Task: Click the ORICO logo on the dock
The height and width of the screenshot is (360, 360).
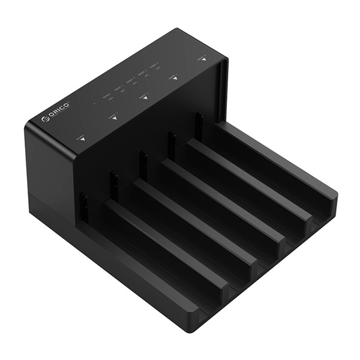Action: point(57,113)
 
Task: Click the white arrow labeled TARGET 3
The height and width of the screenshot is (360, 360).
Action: point(175,77)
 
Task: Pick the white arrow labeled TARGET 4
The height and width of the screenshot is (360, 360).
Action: point(203,59)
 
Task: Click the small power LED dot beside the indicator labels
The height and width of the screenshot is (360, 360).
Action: point(94,103)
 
